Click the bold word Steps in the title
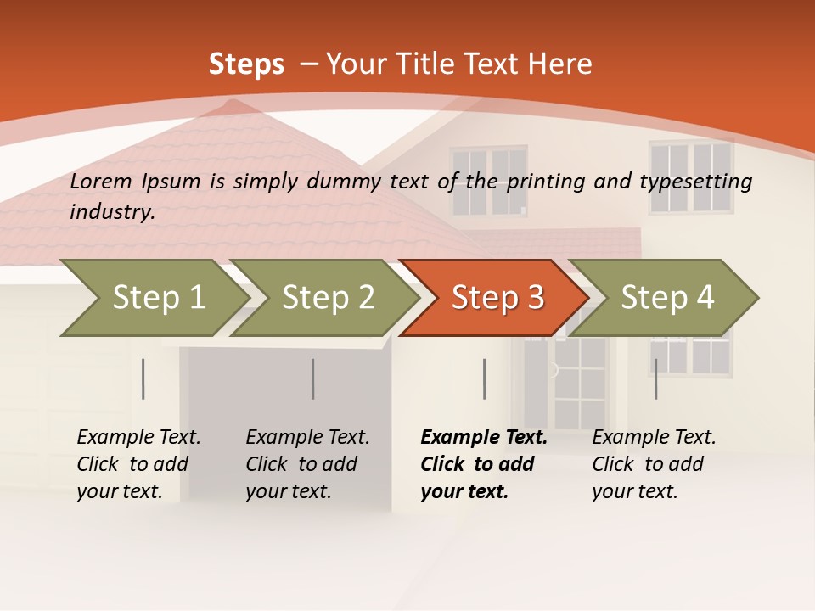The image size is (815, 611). point(246,64)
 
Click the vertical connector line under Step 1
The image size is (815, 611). point(143,378)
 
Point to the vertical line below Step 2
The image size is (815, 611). point(313,378)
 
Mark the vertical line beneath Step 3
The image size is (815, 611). point(484,378)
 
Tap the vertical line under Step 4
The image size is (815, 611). point(655,378)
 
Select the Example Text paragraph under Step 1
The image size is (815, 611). point(138,464)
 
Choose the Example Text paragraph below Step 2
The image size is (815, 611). point(307,464)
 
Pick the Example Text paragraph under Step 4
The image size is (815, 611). point(654,464)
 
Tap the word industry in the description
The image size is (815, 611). point(111,212)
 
